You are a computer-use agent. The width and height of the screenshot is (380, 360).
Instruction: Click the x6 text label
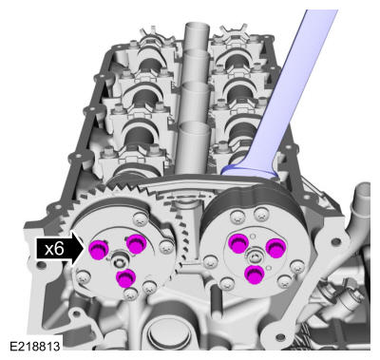coord(54,249)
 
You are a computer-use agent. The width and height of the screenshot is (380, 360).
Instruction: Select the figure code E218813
coord(34,346)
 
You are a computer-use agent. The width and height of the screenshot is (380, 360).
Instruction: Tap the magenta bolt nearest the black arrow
coord(98,250)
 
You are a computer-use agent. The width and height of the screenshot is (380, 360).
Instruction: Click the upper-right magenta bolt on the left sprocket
coord(137,244)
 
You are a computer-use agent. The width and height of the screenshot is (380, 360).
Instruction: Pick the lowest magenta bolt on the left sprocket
coord(125,278)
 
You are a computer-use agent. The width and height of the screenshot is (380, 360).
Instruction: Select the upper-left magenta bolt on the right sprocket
coord(238,243)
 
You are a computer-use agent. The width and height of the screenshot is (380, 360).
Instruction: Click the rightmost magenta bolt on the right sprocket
coord(275,248)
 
